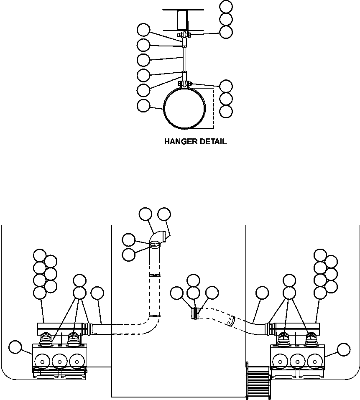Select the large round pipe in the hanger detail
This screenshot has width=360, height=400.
pos(184,108)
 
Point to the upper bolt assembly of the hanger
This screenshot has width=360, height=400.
pos(184,35)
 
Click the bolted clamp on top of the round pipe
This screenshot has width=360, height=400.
pos(184,84)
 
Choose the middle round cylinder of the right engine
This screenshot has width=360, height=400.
pos(297,360)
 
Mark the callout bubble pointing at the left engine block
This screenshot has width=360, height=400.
pos(15,346)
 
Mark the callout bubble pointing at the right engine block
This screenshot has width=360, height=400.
pos(344,349)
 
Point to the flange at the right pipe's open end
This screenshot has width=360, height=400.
pos(194,314)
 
